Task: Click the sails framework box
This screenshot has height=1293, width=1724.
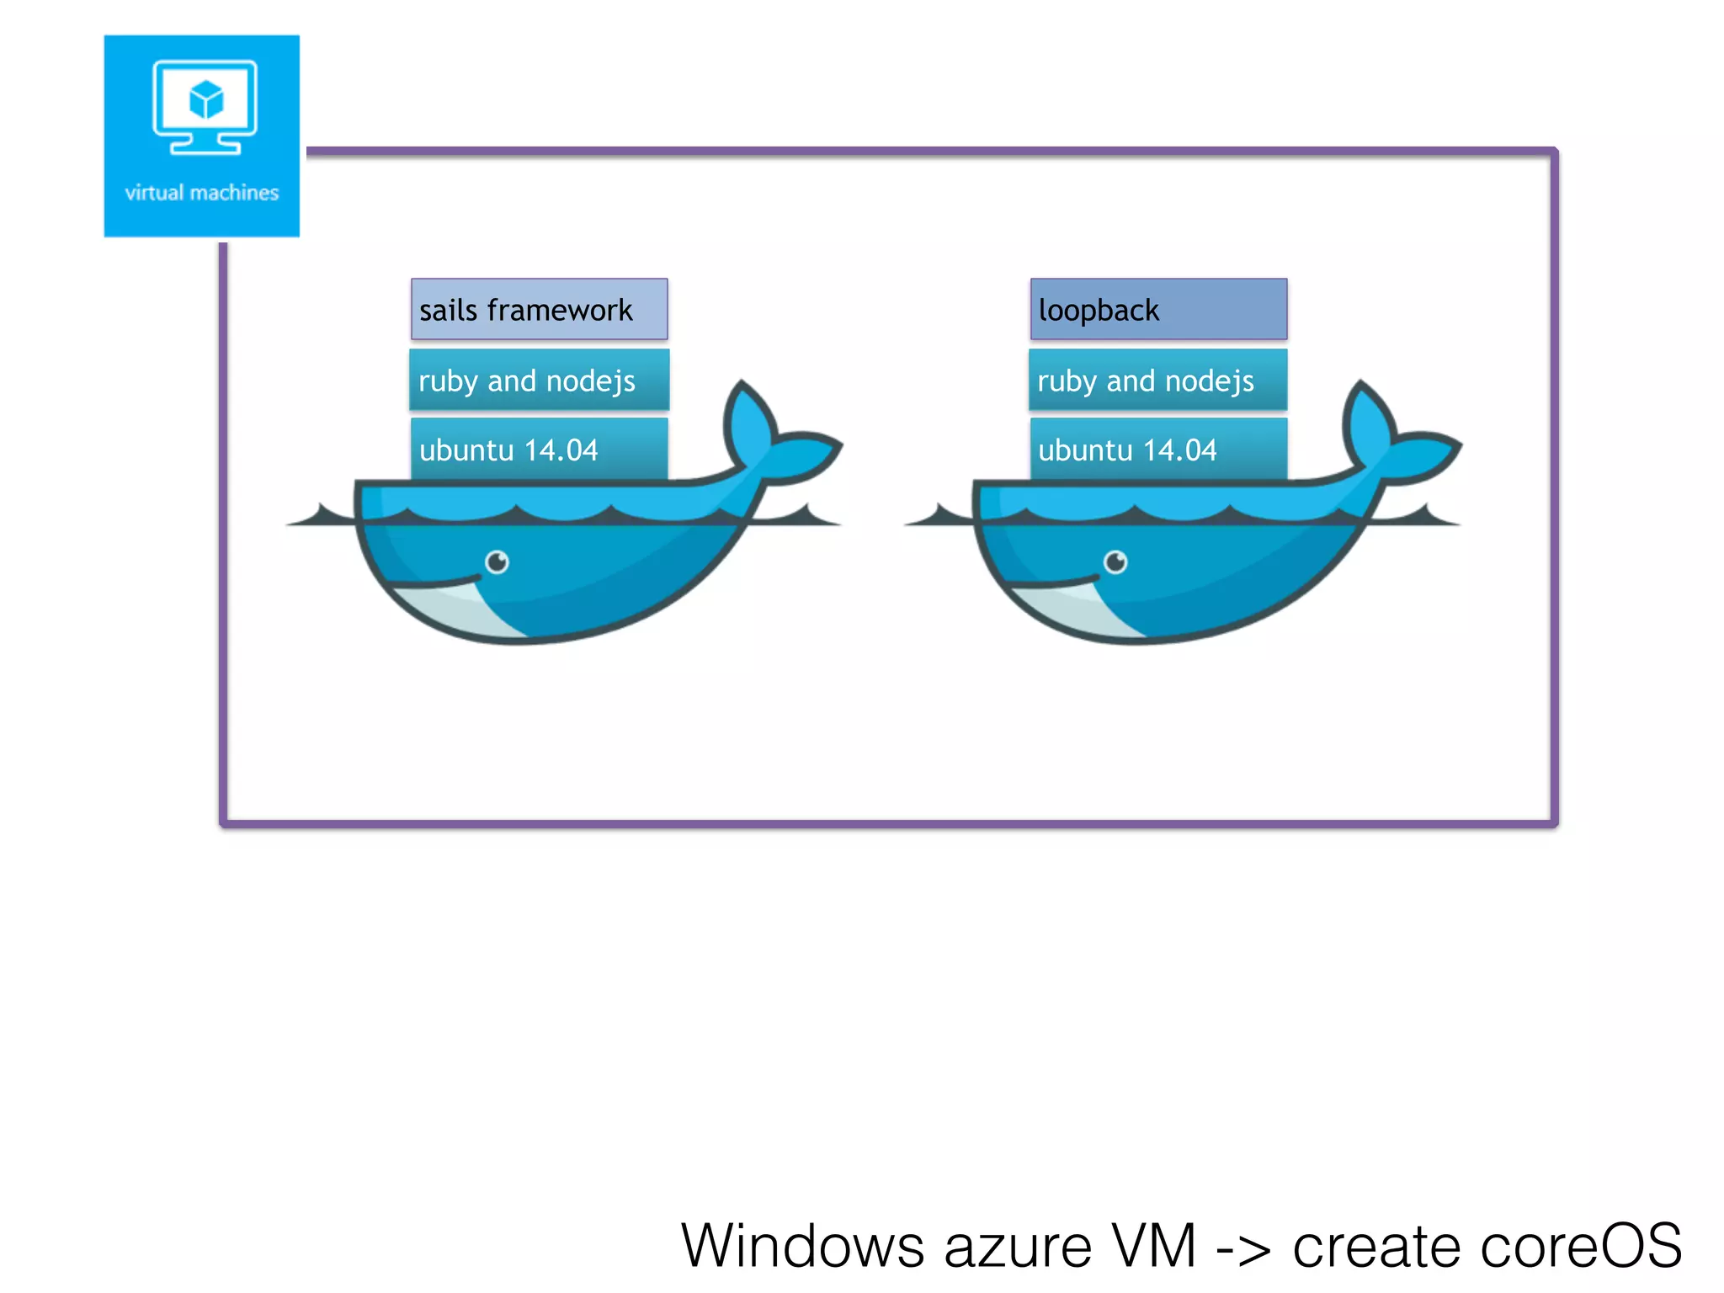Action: [539, 310]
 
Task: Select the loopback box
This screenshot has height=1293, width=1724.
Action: [1158, 310]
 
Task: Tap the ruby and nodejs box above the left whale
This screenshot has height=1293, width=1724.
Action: [539, 380]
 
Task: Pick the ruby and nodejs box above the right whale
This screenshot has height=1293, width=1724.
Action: [1158, 380]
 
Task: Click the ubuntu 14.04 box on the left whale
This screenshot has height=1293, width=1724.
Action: [539, 450]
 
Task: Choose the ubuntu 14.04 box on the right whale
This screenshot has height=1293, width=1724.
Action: [1158, 450]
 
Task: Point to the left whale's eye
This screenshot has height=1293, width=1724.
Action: [498, 561]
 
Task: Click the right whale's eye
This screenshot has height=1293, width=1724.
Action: [1116, 561]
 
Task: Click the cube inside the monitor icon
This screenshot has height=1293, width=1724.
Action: [206, 99]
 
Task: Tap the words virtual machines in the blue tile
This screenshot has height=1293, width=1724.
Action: [202, 193]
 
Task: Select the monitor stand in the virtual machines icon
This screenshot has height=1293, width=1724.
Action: [205, 145]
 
